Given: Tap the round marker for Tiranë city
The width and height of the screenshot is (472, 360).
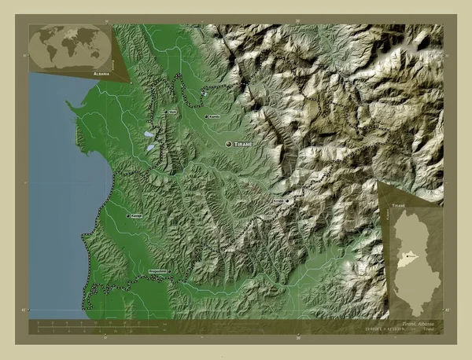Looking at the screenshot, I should [229, 145].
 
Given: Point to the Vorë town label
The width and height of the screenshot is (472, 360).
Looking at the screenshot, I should [171, 112].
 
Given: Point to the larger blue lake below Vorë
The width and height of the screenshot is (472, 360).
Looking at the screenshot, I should [149, 145].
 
